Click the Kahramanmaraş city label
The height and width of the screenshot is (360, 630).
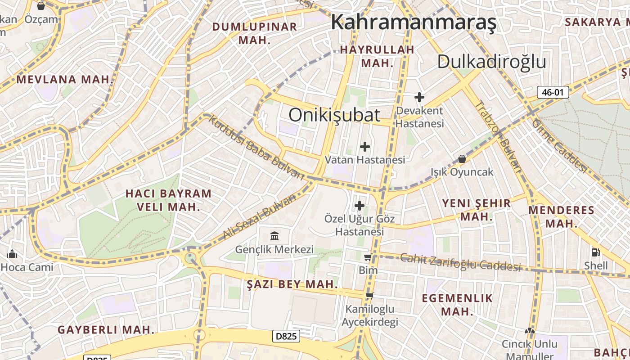coord(414,22)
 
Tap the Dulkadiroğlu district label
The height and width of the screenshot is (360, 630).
coord(491,62)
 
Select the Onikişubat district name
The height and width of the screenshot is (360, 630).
coord(334,115)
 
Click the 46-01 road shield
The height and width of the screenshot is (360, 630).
coord(553,93)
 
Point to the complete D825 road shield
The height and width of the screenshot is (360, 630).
coord(286,336)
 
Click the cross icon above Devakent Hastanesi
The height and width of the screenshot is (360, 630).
coord(419,97)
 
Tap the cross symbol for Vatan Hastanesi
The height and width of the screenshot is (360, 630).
coord(365,146)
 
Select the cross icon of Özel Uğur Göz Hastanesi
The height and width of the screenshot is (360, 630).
coord(360,206)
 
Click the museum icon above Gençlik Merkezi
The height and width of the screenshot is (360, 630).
coord(274,236)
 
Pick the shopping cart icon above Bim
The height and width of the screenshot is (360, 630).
coord(368,257)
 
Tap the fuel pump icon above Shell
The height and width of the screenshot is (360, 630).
coord(596,252)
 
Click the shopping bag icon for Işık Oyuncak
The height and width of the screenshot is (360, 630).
coord(462,159)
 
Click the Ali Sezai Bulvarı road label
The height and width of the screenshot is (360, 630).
coord(260,216)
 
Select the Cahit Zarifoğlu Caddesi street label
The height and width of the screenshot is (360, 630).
coord(460,262)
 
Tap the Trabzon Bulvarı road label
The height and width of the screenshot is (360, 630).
coord(498,136)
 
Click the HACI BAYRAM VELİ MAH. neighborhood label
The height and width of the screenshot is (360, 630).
coord(168,200)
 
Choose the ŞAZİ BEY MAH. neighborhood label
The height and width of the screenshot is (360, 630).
coord(292,284)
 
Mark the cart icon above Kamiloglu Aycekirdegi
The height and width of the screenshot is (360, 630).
coord(369,296)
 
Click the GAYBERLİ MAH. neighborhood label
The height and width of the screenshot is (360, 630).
coord(106,330)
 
